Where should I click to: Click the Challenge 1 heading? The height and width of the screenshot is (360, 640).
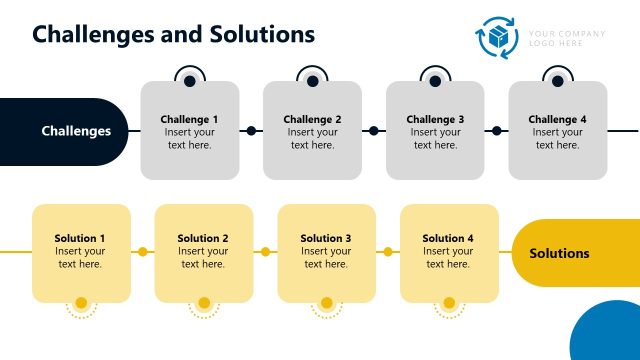pos(189,120)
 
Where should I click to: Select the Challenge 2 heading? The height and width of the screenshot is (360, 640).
pos(312,120)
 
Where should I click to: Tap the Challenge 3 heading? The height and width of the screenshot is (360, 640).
pos(435,120)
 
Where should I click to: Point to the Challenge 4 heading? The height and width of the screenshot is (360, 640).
pos(557,120)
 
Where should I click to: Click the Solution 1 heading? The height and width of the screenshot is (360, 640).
pos(80,238)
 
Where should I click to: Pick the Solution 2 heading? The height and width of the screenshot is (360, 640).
pos(203,238)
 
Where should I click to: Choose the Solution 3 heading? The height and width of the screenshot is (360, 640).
pos(326,238)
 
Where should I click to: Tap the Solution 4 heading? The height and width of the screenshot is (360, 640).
pos(448,238)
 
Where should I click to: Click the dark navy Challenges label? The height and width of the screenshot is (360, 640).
pos(76,131)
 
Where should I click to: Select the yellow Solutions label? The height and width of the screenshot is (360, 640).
pos(559,253)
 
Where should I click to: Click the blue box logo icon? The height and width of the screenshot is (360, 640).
pos(498,38)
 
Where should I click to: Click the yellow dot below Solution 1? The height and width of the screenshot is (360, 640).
pos(81,303)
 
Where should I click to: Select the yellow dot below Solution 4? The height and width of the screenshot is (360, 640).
pos(449,303)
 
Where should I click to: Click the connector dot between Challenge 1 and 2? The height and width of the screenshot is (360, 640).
pos(251,131)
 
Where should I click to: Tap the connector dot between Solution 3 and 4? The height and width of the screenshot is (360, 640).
pos(388,252)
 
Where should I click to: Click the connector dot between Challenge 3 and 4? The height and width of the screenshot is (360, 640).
pos(496,131)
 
